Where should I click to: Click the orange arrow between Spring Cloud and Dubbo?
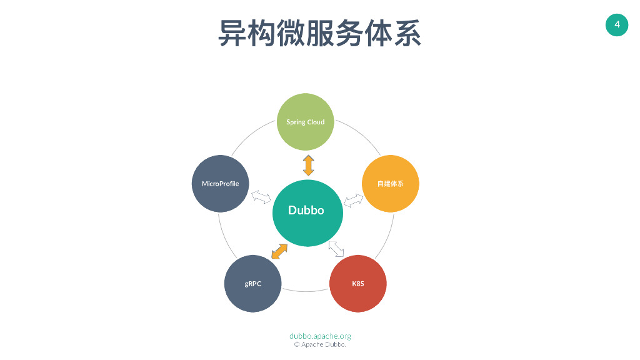309,165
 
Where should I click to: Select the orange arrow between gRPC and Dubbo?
279,251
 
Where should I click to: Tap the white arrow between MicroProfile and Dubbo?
261,197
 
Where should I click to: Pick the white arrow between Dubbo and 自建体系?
353,201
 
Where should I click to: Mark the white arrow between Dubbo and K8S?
336,249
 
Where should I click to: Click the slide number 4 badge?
617,25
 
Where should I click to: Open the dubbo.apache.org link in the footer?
320,336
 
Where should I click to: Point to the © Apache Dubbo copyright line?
320,344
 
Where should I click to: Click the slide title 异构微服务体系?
319,33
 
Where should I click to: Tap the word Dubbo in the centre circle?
306,211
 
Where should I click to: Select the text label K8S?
358,284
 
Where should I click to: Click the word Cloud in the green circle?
316,122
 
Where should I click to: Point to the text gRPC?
253,284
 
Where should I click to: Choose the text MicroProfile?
220,184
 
